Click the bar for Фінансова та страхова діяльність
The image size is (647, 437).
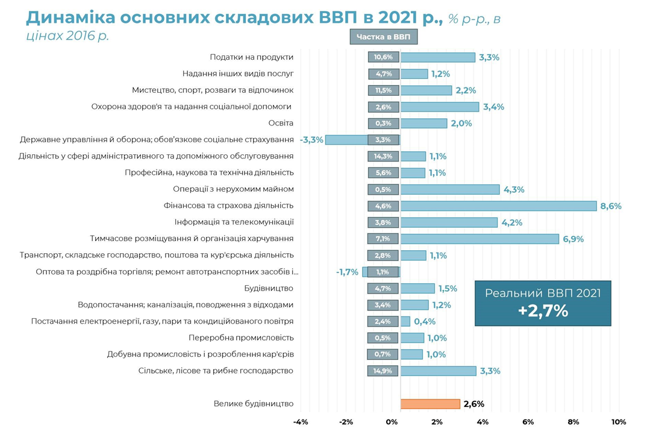coord(498,206)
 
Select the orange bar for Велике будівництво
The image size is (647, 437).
coord(430,404)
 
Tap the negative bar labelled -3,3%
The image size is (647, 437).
coord(347,140)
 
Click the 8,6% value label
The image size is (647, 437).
coord(610,206)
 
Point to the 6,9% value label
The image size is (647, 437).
coord(573,239)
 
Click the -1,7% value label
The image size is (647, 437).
coord(347,272)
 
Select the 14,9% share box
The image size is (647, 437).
coord(383,371)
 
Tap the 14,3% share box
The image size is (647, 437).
coord(383,156)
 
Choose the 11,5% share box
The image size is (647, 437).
coord(383,90)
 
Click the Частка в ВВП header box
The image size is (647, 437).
coord(383,37)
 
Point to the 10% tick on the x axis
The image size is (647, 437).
coord(619,422)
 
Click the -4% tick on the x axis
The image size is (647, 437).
coord(301,422)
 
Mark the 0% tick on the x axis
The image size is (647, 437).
coord(392,422)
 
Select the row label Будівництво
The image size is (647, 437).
coord(269,288)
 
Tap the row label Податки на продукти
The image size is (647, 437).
coord(252,57)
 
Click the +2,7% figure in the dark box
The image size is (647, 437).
coord(543,312)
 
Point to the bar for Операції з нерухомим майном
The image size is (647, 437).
coord(450,189)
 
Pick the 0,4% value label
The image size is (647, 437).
coord(425,322)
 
